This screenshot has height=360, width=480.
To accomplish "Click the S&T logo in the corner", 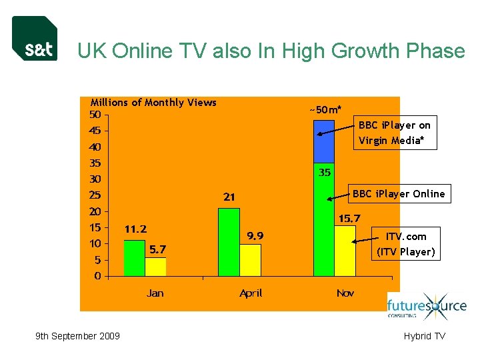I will tap(35, 39).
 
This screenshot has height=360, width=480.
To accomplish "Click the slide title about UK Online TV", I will tap(271, 51).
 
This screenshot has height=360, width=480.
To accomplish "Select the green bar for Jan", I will tap(134, 257).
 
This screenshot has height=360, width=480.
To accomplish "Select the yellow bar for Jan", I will tap(155, 267).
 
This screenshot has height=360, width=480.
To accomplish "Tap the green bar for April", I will tap(229, 242).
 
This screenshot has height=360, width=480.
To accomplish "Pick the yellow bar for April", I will tap(250, 260).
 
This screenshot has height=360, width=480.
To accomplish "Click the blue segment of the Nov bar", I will tap(323, 141).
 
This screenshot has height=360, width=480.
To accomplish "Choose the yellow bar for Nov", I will tap(345, 251).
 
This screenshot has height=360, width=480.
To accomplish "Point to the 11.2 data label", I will tap(135, 229).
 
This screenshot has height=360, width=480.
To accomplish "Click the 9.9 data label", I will tap(255, 235).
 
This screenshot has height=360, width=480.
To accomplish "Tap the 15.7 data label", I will tap(349, 218).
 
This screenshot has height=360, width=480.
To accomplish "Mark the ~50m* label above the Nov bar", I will tap(325, 109).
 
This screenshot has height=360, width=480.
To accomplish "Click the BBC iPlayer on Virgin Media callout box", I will tap(395, 133).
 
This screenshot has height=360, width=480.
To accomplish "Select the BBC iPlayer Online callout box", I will tap(399, 194).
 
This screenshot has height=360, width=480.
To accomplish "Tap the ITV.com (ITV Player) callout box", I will tap(406, 244).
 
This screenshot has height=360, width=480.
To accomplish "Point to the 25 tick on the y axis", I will tap(95, 195).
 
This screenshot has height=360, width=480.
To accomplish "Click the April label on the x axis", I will tap(251, 293).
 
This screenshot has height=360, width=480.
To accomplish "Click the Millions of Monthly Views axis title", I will tap(153, 102).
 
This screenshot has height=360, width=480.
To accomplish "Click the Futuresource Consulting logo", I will tap(427, 307).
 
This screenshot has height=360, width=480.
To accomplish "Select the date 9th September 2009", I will tap(77, 336).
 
